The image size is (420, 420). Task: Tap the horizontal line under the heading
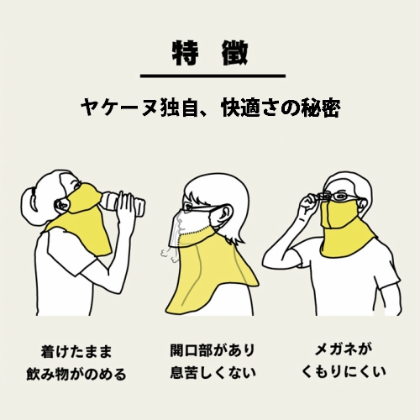(209, 76)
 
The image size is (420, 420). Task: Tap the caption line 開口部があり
(209, 349)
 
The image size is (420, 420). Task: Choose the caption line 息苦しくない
(209, 373)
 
